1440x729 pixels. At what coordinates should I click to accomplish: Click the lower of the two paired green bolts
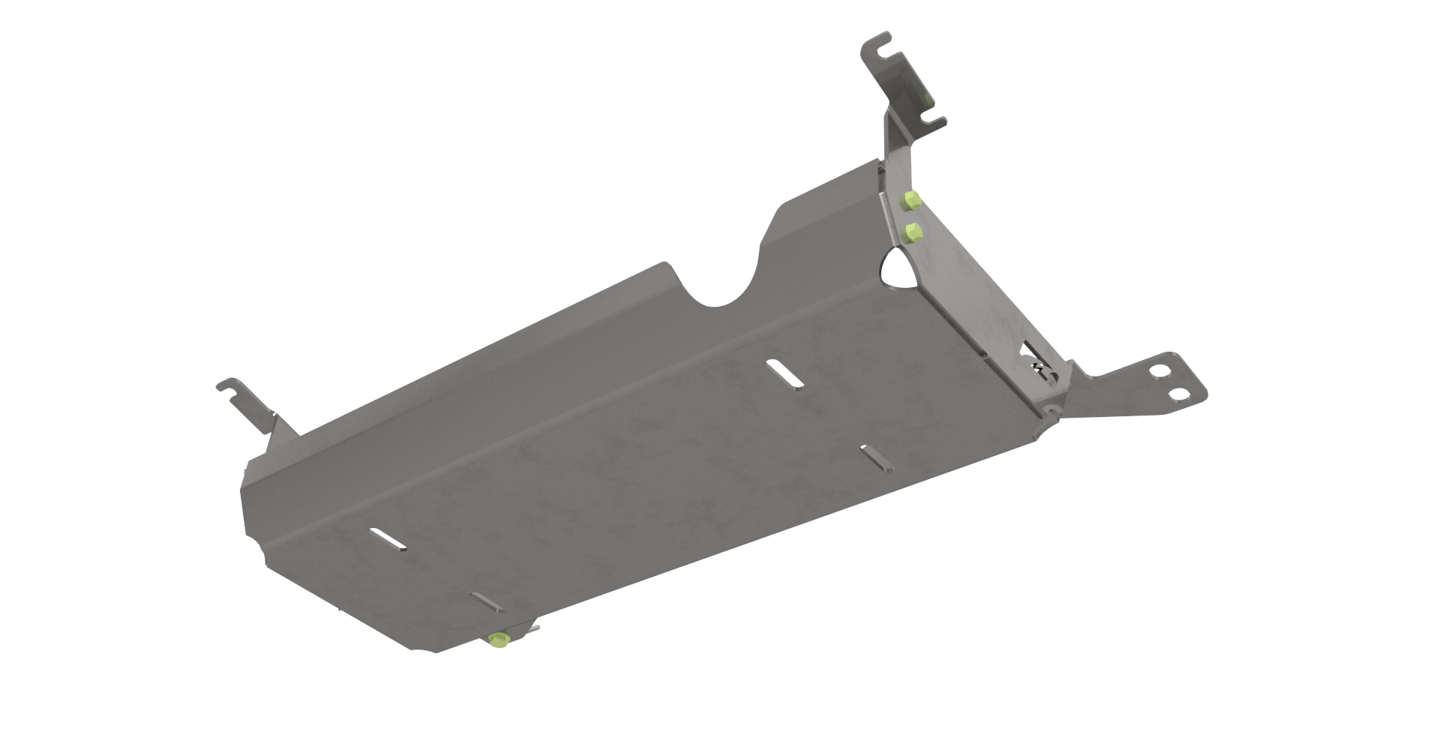912,232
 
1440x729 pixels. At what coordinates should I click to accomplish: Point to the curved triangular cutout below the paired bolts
898,269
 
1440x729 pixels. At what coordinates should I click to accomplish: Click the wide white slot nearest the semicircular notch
784,373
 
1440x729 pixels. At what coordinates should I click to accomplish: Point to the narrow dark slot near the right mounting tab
877,458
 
